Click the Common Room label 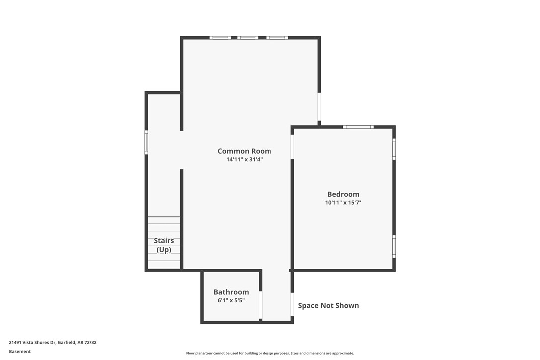coord(244,151)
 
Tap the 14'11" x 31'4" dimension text coord(244,160)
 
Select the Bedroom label coord(343,194)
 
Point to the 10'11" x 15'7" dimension coord(343,203)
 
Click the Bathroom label coord(231,292)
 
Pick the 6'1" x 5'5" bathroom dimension coord(231,300)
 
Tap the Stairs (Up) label coord(164,245)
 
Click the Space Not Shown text coord(328,305)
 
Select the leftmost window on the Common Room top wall coord(220,38)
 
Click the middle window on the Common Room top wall coord(247,38)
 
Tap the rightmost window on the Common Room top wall coord(276,38)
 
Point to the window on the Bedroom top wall coord(358,127)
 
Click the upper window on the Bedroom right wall coord(394,149)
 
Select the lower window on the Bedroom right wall coord(394,246)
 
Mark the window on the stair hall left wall coord(146,142)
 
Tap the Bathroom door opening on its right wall coord(260,304)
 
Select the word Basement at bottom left coord(20,351)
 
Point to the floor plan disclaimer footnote coord(270,353)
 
